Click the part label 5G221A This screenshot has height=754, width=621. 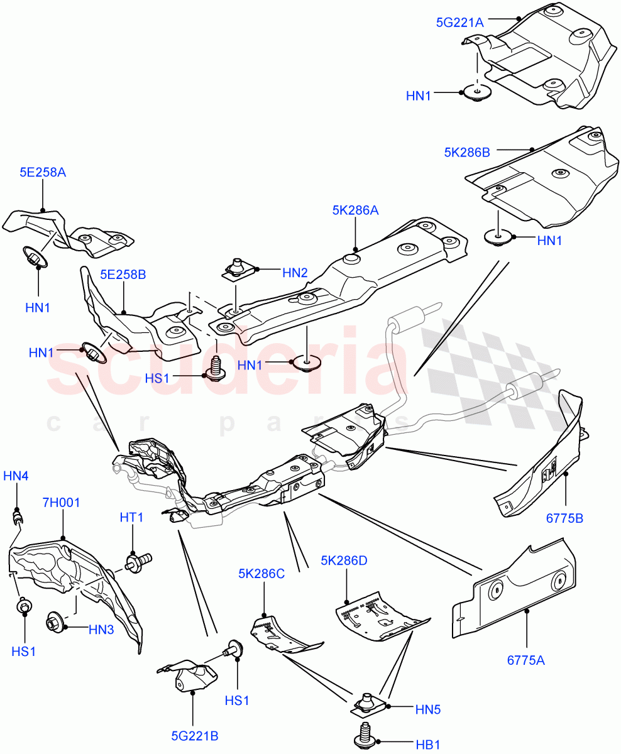(459, 23)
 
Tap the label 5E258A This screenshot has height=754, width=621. (42, 172)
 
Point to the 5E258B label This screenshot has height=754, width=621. (123, 275)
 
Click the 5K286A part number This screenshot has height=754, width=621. (355, 211)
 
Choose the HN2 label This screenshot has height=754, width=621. (295, 273)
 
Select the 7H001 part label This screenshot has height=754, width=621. (62, 503)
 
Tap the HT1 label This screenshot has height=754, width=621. (132, 517)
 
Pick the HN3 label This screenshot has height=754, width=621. (101, 628)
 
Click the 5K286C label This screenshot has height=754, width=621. (261, 573)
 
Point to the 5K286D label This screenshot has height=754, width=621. (344, 560)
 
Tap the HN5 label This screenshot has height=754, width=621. (428, 709)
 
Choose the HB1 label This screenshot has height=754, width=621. (427, 745)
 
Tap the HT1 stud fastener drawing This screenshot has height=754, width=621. (138, 560)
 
